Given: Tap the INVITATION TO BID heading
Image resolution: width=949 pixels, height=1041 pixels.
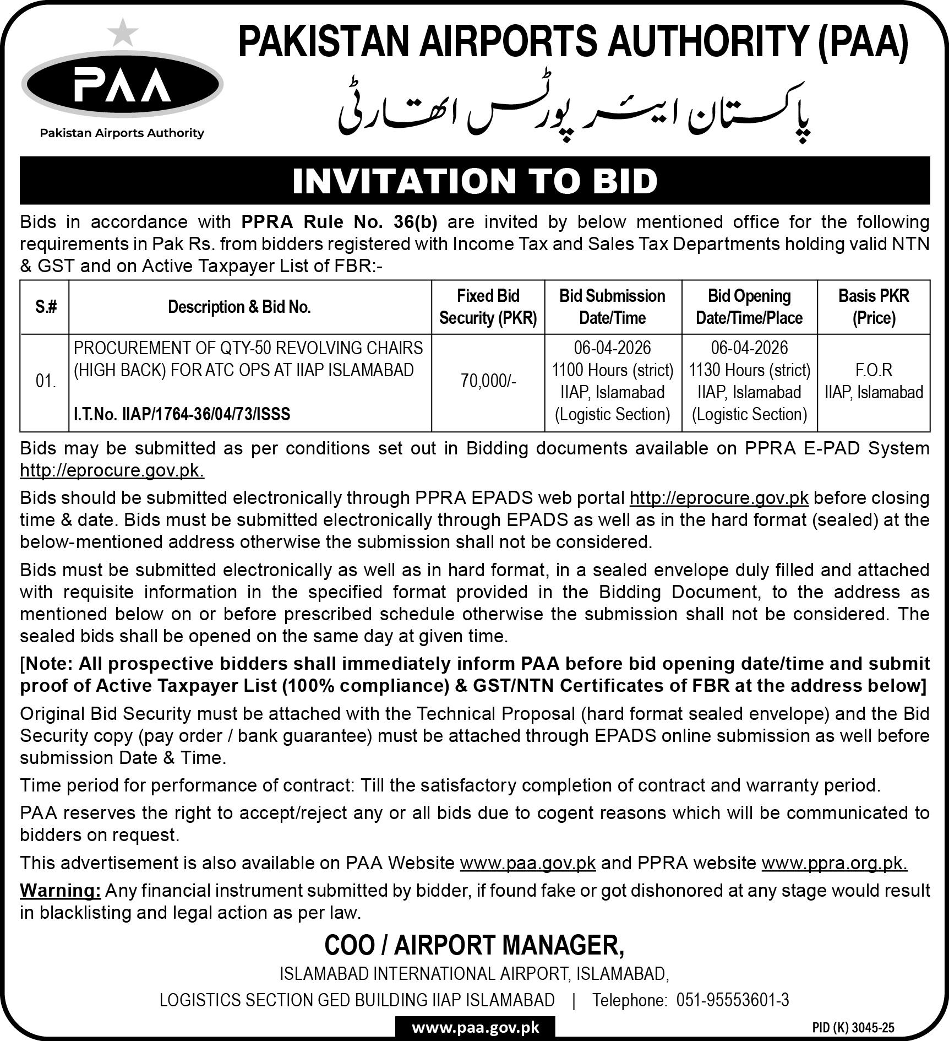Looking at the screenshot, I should [x=475, y=181].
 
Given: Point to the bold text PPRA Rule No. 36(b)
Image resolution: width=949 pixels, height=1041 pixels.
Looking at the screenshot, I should [x=339, y=221].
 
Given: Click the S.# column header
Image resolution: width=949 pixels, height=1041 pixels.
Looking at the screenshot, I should [x=45, y=307].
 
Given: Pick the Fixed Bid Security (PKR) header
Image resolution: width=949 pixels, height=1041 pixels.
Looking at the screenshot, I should [x=488, y=307].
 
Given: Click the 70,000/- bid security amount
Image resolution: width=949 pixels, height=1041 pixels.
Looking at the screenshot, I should [x=488, y=382].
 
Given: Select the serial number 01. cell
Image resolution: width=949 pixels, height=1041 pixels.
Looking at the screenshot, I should [x=45, y=382].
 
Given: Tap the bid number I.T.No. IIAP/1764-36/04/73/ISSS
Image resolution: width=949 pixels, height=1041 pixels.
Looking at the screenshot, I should [x=182, y=414].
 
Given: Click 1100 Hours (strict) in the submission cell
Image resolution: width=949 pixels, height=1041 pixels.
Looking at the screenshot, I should [x=613, y=370].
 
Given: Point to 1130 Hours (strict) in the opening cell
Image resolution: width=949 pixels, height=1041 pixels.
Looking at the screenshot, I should [x=749, y=370].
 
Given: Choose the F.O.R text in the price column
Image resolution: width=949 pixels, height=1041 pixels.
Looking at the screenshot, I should [x=874, y=370].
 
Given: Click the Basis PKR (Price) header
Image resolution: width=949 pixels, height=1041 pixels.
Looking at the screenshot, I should [x=874, y=307].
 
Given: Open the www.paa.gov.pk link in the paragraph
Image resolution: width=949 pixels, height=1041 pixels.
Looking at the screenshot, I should [x=527, y=863].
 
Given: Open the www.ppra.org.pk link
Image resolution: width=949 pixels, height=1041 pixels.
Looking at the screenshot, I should [x=834, y=863].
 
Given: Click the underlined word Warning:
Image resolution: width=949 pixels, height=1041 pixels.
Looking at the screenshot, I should [x=61, y=891].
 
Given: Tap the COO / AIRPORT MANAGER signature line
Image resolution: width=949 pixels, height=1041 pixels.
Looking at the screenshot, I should [x=475, y=946].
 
